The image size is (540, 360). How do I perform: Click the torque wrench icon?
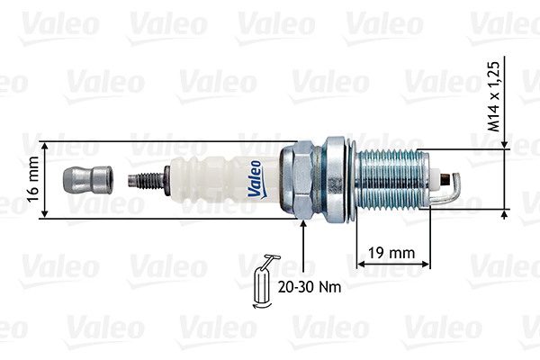pyautogui.click(x=265, y=281)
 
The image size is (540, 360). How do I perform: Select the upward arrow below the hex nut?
pyautogui.click(x=304, y=227)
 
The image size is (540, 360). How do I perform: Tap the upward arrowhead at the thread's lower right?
pyautogui.click(x=504, y=213)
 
